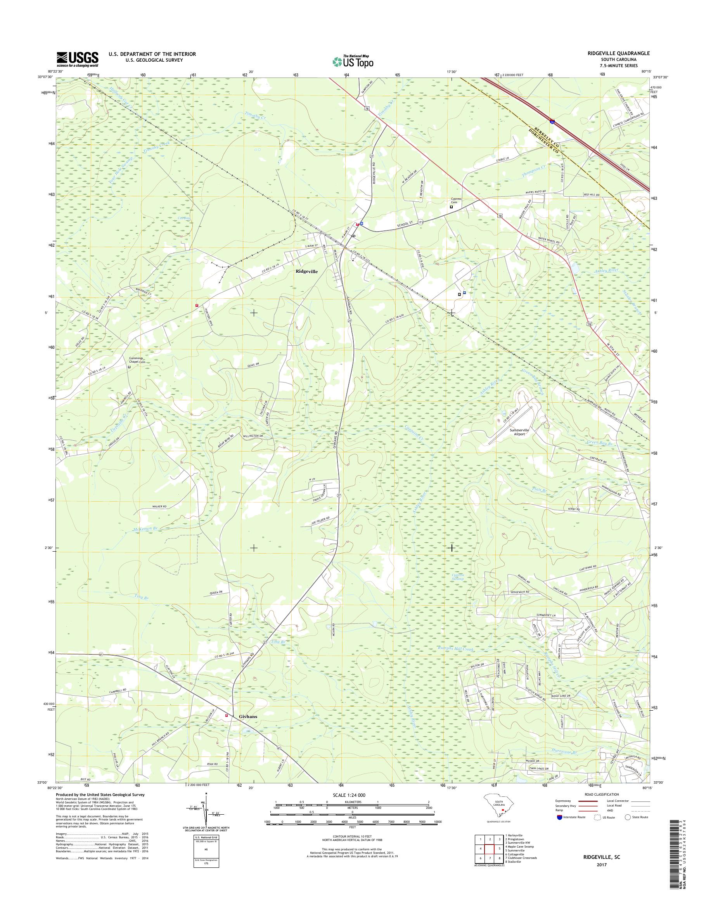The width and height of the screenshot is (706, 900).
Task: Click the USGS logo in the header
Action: tap(77, 59)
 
